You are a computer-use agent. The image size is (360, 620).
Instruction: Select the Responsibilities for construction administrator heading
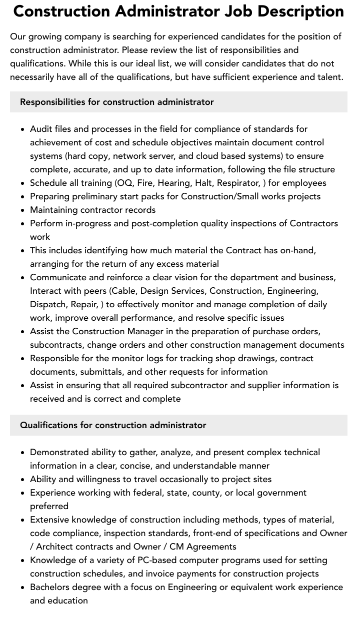117,102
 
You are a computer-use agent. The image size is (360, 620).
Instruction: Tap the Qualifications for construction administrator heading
113,425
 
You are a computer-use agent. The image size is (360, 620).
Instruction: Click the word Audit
42,129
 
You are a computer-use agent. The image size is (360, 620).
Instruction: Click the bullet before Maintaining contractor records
23,210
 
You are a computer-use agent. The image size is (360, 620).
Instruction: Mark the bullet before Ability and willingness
23,479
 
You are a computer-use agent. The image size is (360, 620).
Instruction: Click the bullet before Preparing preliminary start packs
23,196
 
